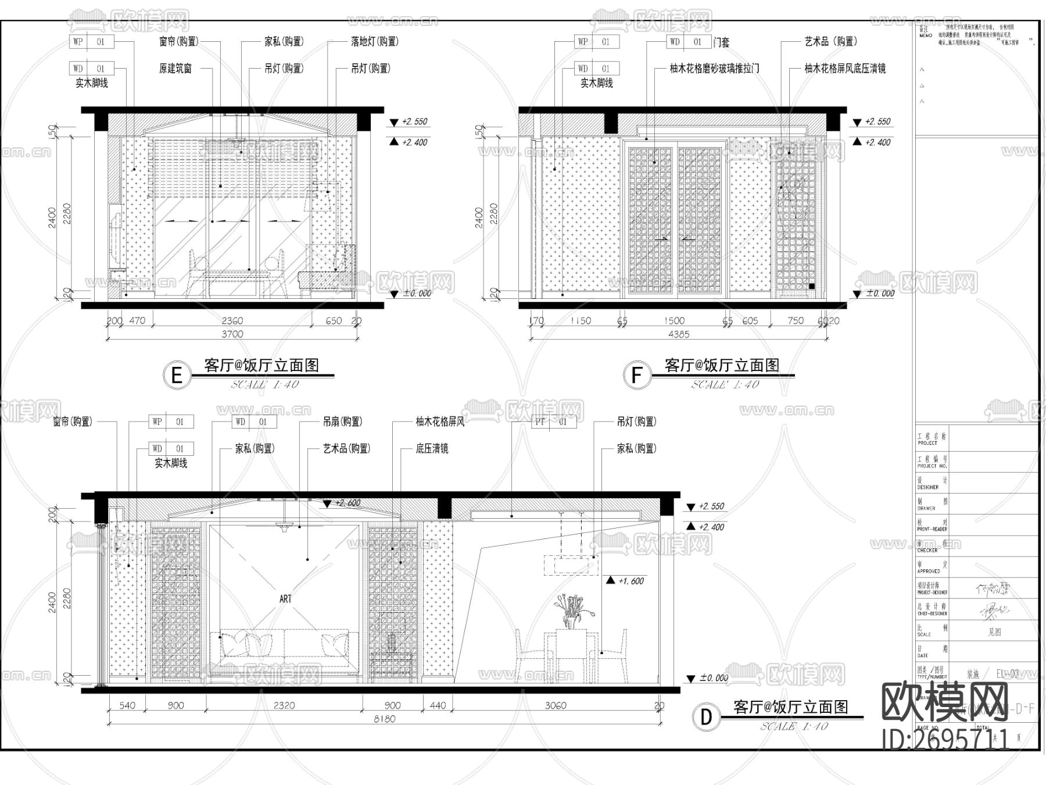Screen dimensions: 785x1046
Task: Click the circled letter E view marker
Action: point(177,375)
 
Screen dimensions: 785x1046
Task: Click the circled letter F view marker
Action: point(636,375)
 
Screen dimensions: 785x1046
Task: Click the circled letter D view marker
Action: point(706,717)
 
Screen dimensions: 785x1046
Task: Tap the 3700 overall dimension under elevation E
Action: point(232,334)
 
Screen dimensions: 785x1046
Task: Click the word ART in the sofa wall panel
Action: point(285,599)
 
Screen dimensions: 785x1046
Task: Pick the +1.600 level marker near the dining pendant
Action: point(631,581)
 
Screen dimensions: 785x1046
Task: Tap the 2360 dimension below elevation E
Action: point(232,321)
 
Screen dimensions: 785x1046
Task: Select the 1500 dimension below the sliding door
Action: point(674,321)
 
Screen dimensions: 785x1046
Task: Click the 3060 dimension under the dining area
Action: point(556,706)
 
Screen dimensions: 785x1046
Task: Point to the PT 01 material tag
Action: point(554,422)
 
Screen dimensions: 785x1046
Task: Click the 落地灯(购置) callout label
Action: point(374,42)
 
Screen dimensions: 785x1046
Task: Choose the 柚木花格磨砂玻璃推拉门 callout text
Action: point(714,69)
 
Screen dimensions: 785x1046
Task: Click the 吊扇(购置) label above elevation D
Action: point(342,422)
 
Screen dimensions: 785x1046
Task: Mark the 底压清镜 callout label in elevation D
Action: point(432,449)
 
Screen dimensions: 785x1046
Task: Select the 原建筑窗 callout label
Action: point(175,69)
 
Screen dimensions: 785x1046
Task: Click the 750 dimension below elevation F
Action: point(795,321)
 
